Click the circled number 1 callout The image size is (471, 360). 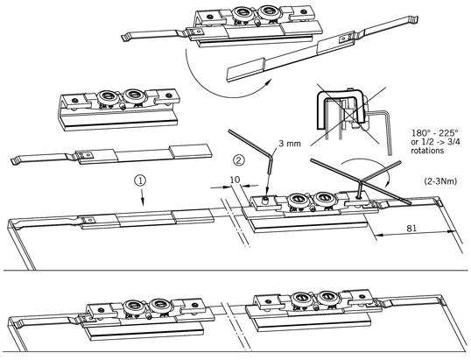coord(140,180)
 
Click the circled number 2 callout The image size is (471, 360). coord(239,160)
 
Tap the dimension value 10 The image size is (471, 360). coord(235,180)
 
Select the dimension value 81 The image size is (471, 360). coord(411,228)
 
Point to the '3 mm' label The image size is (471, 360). coord(290,144)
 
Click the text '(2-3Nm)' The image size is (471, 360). coord(440,181)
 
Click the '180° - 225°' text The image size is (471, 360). coord(434,132)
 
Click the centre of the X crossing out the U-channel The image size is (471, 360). coord(349,115)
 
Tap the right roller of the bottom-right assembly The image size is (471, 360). coord(327,297)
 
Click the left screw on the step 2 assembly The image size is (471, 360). coord(265,201)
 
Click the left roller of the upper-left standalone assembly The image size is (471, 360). coord(107,96)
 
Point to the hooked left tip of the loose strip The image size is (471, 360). coord(13,161)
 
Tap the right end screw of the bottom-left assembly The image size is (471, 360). coord(195,305)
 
